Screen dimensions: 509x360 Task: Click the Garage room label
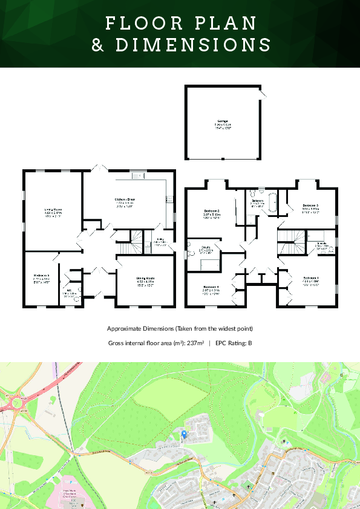pyautogui.click(x=223, y=122)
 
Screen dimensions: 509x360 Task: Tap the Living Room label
pyautogui.click(x=53, y=209)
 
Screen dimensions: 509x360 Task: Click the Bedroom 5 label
pyautogui.click(x=41, y=276)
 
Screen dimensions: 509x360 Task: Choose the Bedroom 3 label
pyautogui.click(x=311, y=206)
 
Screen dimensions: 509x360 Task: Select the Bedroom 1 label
pyautogui.click(x=312, y=277)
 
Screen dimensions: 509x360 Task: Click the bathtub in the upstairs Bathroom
pyautogui.click(x=272, y=202)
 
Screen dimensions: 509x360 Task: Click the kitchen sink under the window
pyautogui.click(x=137, y=176)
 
